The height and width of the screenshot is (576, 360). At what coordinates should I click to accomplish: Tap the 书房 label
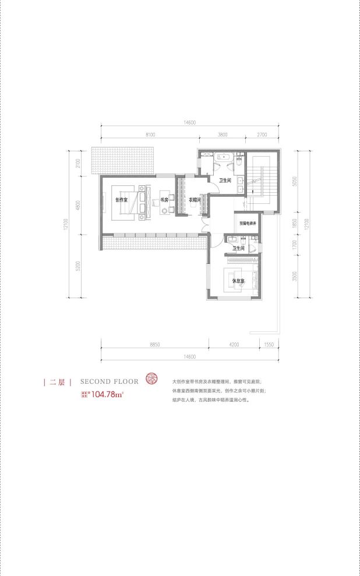point(164,200)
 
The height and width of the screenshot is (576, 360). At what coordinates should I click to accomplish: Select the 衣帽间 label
point(195,200)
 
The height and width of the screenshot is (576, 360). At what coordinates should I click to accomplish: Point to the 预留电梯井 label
point(248,222)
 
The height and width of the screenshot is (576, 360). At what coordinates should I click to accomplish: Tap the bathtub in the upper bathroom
point(224,156)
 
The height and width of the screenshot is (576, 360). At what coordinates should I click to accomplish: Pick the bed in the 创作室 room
point(125,201)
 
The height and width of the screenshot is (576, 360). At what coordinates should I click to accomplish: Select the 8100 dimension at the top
point(150,135)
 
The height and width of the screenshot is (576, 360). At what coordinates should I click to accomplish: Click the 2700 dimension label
point(261,135)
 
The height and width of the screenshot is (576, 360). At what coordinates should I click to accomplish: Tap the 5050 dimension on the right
point(296,181)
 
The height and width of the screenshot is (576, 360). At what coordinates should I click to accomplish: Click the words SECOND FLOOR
point(110,381)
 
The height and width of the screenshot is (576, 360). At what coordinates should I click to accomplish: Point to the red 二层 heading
point(57,382)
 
